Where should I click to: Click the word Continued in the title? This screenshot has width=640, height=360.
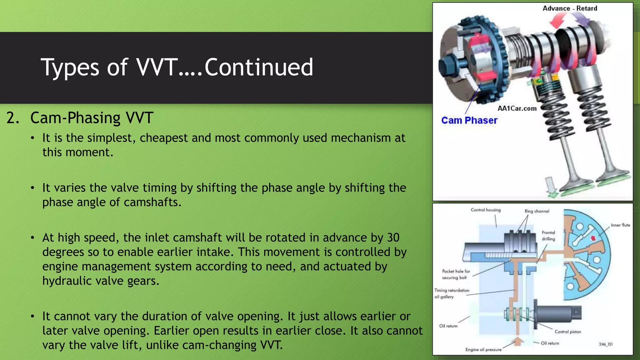coord(258,67)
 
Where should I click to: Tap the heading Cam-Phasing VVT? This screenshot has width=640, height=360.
coord(92,118)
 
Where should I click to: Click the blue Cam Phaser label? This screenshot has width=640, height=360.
coord(469,120)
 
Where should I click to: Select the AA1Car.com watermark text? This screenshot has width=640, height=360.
coord(517,108)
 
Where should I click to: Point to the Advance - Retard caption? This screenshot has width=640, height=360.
coord(570,8)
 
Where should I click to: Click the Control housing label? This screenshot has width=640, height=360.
coord(486,210)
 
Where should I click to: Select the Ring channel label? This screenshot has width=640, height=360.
coord(537,211)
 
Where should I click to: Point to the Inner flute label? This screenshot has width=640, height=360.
coord(620,225)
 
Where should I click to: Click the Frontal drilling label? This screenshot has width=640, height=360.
coord(548,236)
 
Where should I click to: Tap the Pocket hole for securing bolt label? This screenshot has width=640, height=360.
coord(456,274)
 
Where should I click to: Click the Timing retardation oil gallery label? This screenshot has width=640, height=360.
coord(452,293)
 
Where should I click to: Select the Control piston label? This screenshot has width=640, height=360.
coord(567,332)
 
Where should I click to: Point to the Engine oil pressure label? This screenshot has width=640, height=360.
coord(483,349)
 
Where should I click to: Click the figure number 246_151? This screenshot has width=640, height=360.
coord(606,344)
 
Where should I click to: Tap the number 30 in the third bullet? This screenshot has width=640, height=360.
coord(393,237)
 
